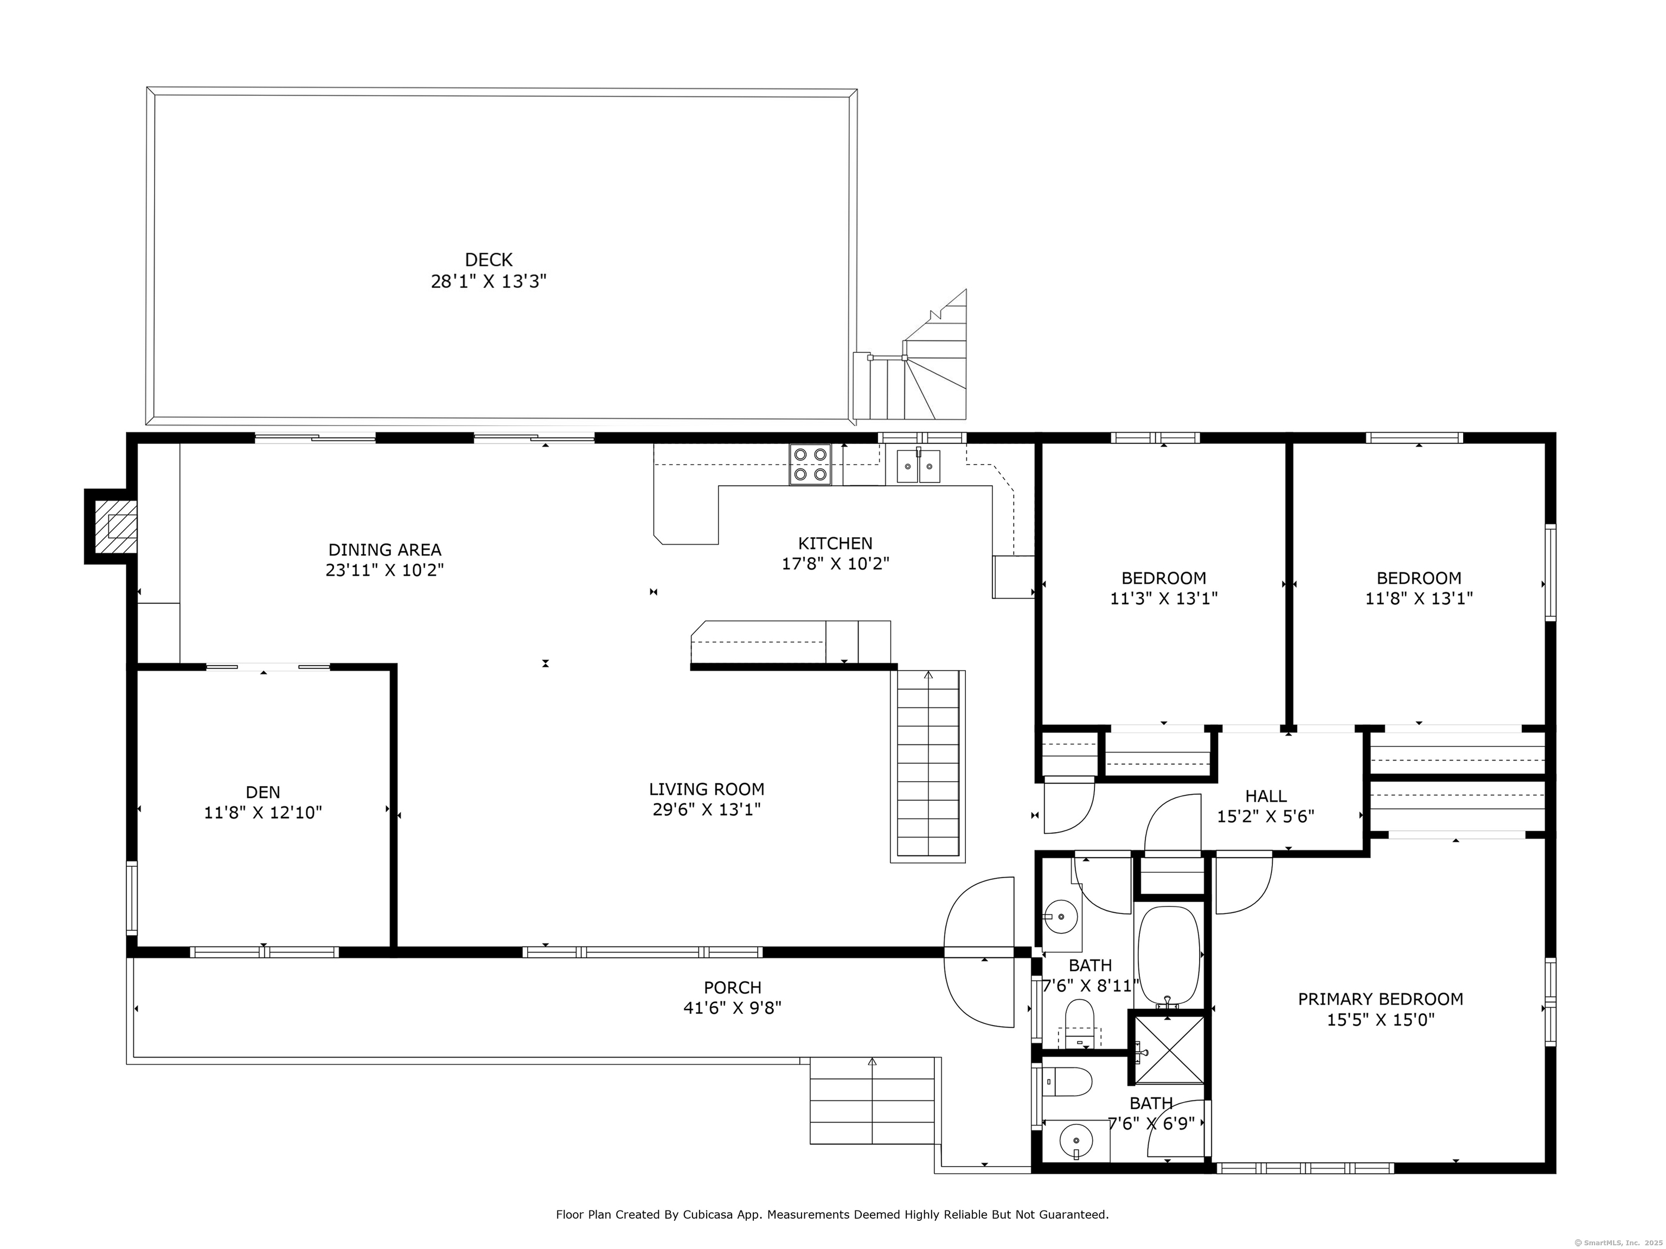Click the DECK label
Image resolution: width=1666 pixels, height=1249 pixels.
tap(489, 260)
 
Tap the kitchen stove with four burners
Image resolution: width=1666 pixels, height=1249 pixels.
tap(810, 465)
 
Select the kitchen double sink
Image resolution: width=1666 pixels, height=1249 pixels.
tap(918, 465)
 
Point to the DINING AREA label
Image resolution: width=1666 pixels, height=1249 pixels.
tap(385, 550)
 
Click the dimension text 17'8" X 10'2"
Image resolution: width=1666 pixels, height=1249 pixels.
tap(836, 564)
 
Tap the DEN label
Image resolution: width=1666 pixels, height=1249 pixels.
tap(263, 792)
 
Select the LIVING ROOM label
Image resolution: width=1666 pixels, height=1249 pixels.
tap(707, 789)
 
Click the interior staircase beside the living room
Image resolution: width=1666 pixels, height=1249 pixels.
tap(928, 765)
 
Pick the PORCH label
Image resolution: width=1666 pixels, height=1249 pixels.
tap(733, 987)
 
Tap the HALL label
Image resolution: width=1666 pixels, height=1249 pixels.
tap(1266, 796)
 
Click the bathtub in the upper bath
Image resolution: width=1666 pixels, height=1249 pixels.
tap(1168, 956)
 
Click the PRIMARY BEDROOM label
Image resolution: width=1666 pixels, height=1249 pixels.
tap(1381, 999)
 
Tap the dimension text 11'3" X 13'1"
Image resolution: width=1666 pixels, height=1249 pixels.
tap(1164, 598)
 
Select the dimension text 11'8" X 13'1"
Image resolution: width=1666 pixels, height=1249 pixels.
tap(1419, 598)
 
